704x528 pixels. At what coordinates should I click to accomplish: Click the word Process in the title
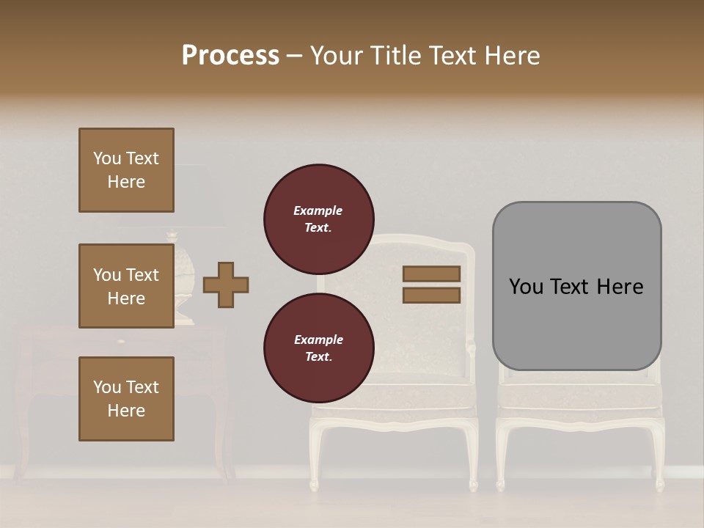point(230,56)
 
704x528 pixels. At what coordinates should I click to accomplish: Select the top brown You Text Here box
point(126,170)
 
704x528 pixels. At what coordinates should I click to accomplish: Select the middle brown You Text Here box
point(126,286)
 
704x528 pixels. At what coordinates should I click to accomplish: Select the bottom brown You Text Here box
point(126,399)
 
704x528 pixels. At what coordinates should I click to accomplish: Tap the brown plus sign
point(226,285)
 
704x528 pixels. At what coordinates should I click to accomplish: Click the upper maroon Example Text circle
point(319,219)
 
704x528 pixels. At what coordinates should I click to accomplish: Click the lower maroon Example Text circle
point(319,348)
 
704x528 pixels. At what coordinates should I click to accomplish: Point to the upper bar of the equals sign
point(431,274)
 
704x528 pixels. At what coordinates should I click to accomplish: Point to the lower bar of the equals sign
point(431,295)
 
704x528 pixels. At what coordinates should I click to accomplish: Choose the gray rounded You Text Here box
point(576,286)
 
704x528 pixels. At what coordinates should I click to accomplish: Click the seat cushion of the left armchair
point(392,396)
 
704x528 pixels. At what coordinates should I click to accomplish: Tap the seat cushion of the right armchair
point(579,396)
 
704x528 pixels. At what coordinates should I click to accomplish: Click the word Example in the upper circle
point(318,210)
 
